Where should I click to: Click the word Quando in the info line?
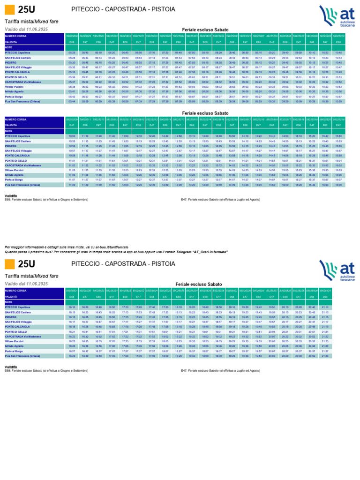[x=11, y=252]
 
